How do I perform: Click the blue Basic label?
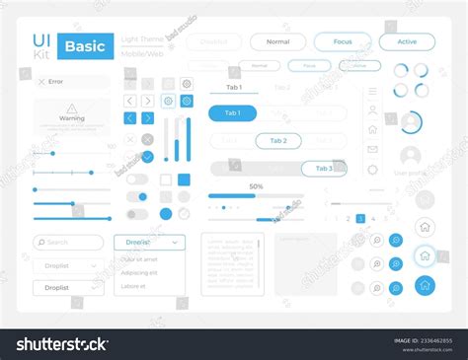(86, 46)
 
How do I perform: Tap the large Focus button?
(342, 42)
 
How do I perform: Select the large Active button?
(407, 42)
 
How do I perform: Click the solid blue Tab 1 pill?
(232, 113)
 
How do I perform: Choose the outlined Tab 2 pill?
(277, 141)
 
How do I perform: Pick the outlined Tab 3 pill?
(323, 169)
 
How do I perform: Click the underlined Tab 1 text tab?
(234, 88)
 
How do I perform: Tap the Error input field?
(72, 82)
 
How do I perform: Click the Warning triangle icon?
(71, 108)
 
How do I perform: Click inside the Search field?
(68, 242)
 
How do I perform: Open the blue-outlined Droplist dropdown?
(149, 242)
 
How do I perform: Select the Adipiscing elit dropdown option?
(139, 272)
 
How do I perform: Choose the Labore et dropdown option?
(133, 286)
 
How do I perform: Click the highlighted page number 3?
(360, 218)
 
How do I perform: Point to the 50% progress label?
(256, 186)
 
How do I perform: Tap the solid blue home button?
(425, 285)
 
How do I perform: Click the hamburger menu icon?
(372, 91)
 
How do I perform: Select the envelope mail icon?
(372, 149)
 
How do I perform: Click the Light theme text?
(143, 38)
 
